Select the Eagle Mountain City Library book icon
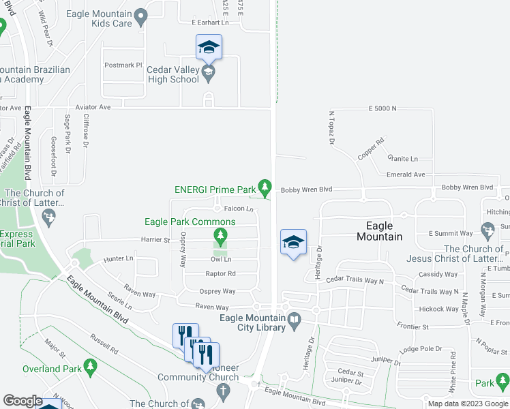(x=293, y=319)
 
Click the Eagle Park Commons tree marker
(x=220, y=236)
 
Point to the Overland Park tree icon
(x=90, y=369)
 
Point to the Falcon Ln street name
(x=239, y=209)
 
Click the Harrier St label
(x=156, y=240)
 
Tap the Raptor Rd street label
(x=220, y=273)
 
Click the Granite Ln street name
(x=402, y=158)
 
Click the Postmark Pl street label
(x=123, y=65)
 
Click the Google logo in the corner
(x=22, y=401)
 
